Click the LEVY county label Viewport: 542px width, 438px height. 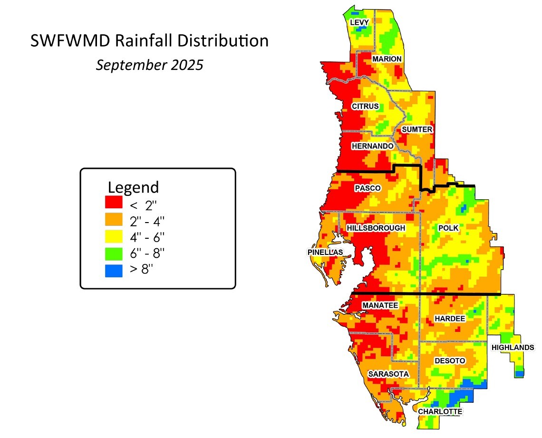coord(359,22)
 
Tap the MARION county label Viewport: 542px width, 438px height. coord(387,58)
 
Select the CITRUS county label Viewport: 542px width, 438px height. coord(365,106)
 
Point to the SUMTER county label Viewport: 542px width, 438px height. coord(417,129)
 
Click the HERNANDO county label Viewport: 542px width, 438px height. coord(373,146)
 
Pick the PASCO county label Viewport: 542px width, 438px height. coord(368,188)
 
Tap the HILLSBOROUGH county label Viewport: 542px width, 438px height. coord(376,228)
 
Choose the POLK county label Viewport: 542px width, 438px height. coord(448,228)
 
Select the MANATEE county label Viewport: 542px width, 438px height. coord(380,305)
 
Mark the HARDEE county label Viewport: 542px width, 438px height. coord(450,318)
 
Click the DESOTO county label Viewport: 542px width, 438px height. coord(450,361)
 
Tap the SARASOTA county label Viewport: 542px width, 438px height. coord(388,374)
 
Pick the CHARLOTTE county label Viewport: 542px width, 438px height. coord(440,411)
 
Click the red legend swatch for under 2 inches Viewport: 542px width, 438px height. coord(114,202)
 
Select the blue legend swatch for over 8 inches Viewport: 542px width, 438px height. coord(114,270)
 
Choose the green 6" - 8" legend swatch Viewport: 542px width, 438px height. coord(114,253)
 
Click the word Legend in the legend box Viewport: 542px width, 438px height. coord(133,186)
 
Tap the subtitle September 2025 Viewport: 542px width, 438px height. coord(149,65)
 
